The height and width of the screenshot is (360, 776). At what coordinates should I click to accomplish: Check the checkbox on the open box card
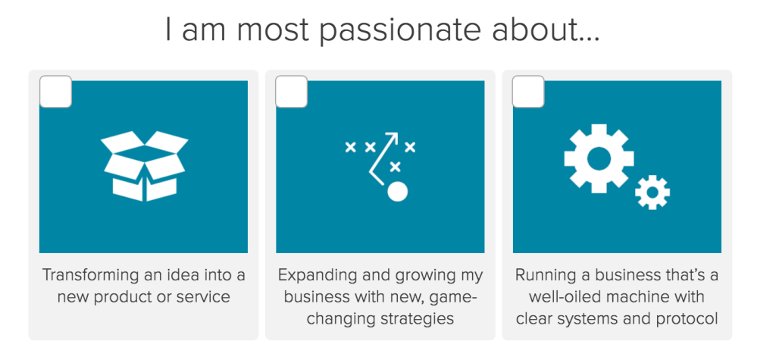coord(55,92)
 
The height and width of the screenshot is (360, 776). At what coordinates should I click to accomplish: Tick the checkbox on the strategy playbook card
coord(292,92)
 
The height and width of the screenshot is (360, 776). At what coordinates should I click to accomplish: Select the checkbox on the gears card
coord(528,92)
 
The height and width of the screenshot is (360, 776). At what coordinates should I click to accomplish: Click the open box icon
coord(145,166)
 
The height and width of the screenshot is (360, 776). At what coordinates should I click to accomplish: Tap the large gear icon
coord(599,158)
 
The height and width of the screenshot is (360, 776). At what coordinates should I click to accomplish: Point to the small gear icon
coord(652,193)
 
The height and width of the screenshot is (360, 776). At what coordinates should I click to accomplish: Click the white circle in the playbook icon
coord(397,191)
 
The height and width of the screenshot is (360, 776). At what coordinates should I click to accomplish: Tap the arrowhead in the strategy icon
coord(393,136)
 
